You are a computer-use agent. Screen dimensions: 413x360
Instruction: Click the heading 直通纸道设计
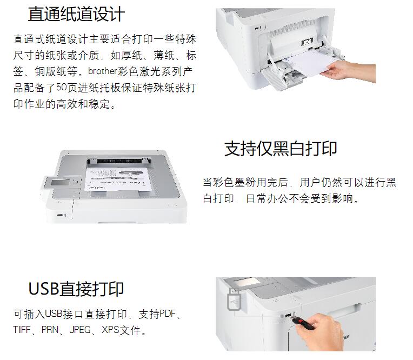click(76, 14)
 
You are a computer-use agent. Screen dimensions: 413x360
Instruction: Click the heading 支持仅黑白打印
click(281, 149)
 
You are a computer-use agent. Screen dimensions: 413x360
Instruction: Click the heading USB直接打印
click(76, 289)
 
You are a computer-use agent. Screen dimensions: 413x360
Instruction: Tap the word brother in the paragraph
click(103, 71)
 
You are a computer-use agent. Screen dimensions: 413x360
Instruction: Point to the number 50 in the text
click(62, 88)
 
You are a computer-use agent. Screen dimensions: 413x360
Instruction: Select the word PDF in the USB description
click(168, 314)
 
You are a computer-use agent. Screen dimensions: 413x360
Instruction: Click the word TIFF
click(22, 330)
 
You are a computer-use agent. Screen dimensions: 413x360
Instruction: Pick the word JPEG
click(80, 330)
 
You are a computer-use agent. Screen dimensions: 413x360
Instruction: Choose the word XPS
click(110, 330)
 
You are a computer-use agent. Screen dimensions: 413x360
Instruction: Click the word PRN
click(50, 330)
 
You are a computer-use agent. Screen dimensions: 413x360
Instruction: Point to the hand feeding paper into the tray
click(348, 70)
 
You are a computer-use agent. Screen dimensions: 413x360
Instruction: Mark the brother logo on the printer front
click(346, 337)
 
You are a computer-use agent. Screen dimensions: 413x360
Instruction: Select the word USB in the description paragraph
click(54, 314)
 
